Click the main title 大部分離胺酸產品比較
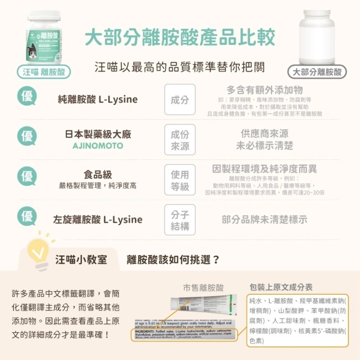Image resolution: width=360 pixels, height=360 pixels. (180, 37)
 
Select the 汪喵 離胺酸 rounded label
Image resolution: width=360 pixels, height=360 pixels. (44, 72)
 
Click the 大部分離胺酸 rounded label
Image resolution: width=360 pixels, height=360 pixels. (317, 72)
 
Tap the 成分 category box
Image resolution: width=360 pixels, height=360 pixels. (180, 100)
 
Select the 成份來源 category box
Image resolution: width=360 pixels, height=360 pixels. (180, 140)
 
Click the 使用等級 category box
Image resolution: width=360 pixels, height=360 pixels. (180, 180)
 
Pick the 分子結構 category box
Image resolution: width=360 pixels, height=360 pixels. (180, 220)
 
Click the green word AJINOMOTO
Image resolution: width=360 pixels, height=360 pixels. (98, 146)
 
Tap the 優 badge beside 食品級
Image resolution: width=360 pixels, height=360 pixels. (28, 176)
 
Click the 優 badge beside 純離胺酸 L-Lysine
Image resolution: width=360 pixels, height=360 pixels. (28, 96)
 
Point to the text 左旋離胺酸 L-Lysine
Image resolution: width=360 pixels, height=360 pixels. (98, 220)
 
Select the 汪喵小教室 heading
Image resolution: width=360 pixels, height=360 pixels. (81, 259)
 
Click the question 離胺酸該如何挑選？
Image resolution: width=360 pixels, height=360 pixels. (173, 259)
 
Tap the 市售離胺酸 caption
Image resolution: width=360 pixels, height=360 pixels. (203, 288)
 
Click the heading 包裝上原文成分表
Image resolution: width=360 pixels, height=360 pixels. (281, 287)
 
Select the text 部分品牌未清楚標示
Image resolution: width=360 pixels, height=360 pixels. (265, 220)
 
